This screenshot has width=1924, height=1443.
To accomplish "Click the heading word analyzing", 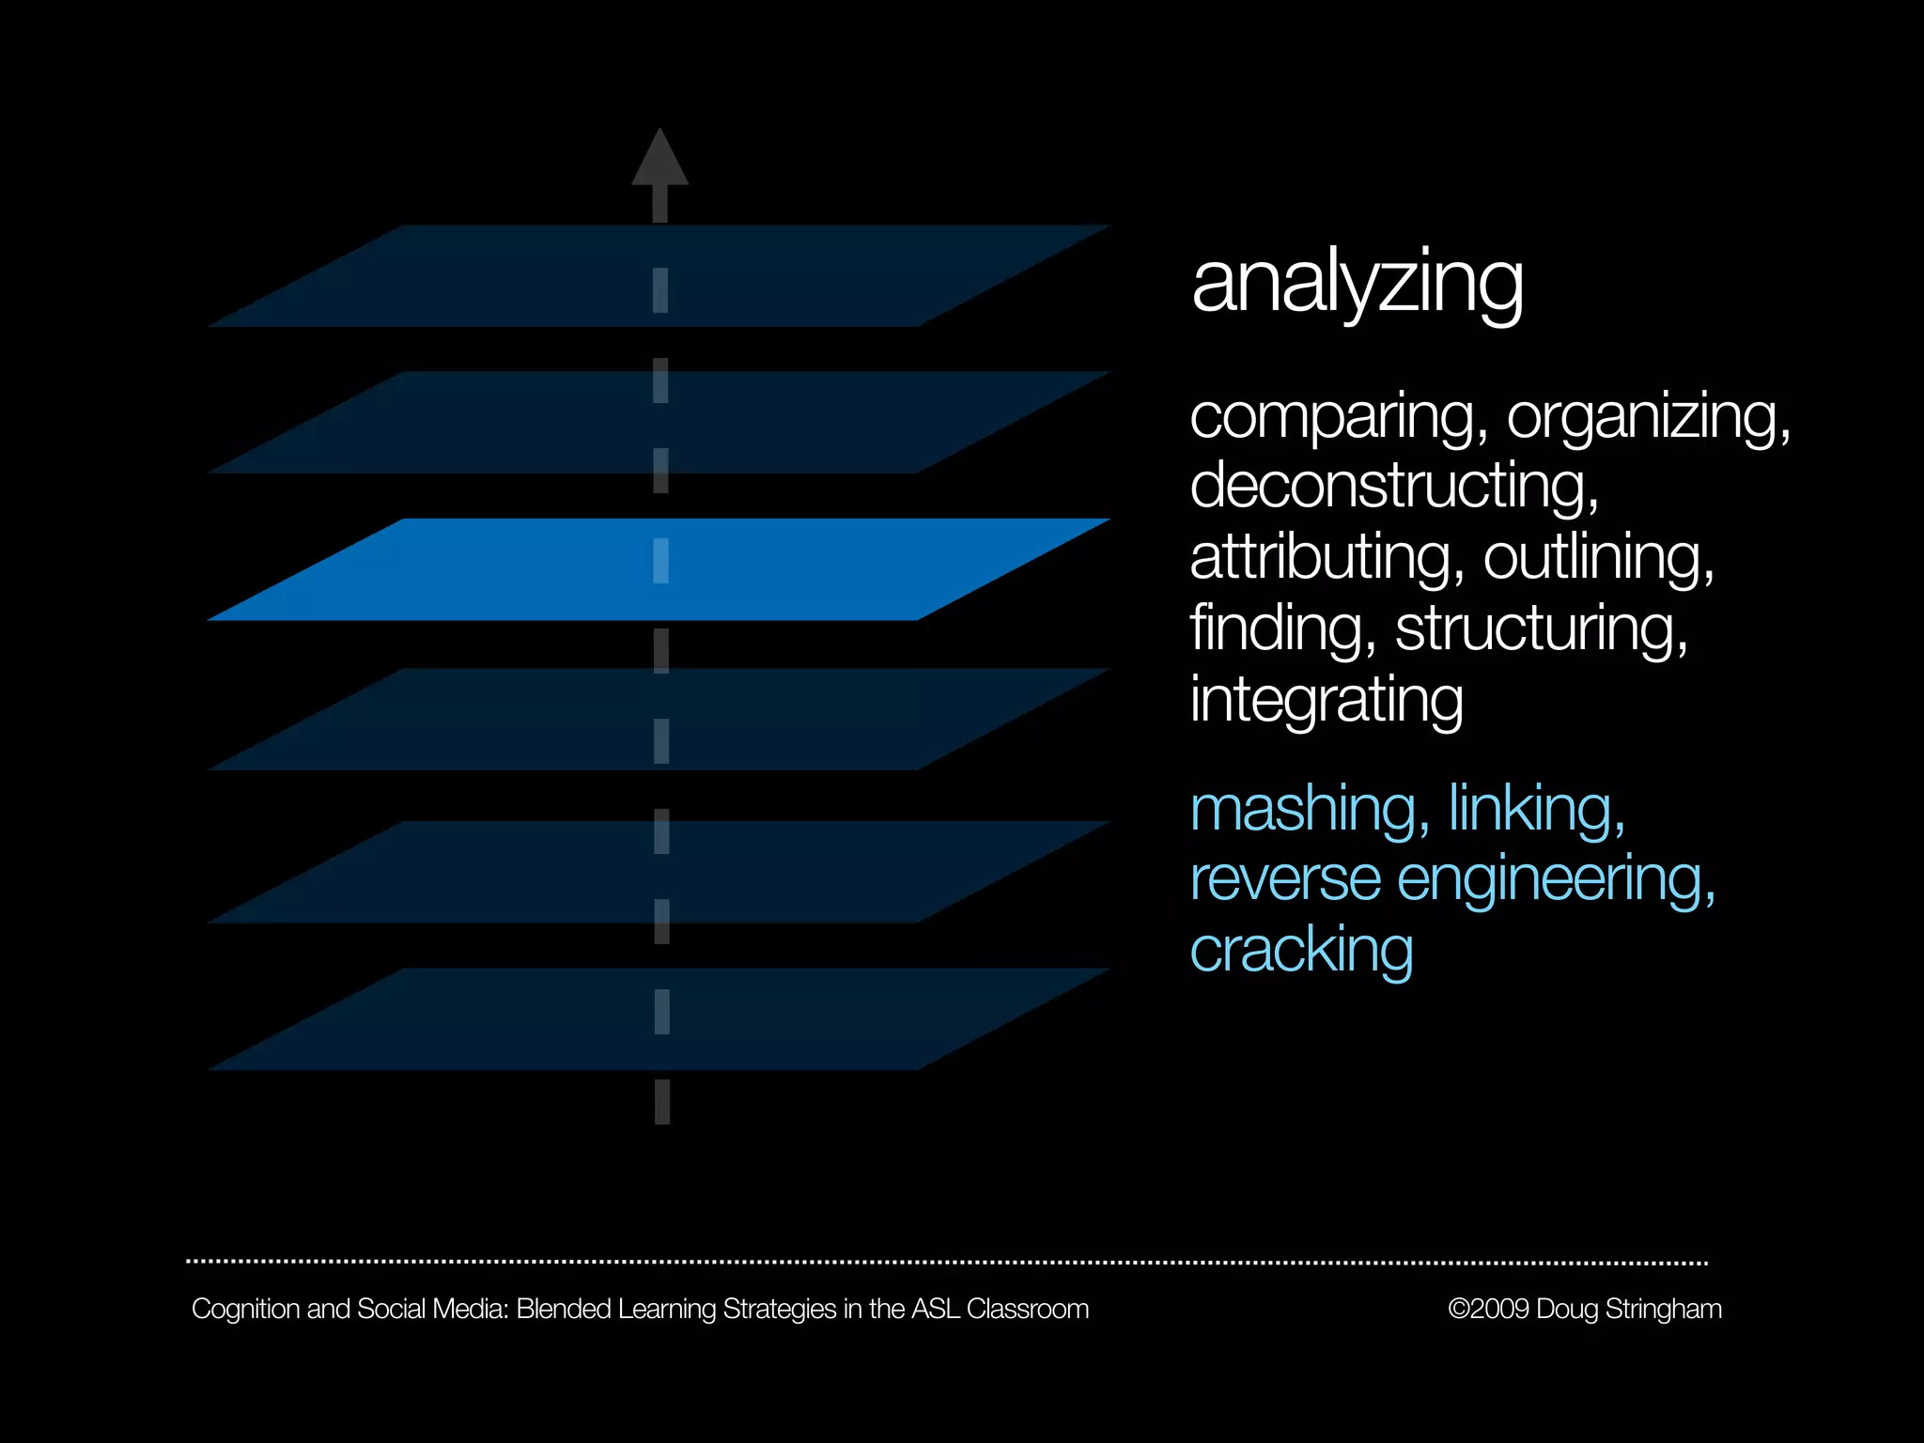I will click(x=1357, y=284).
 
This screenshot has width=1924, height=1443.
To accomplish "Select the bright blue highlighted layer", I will click(x=658, y=569).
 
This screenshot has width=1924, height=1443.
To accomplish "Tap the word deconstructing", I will click(x=1393, y=487).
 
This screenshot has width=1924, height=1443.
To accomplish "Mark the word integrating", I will click(x=1327, y=700).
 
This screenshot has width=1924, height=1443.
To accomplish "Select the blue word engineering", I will click(x=1556, y=880).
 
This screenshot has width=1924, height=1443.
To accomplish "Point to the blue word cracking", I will click(x=1301, y=950).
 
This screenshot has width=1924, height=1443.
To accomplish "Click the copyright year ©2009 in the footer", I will click(x=1489, y=1309).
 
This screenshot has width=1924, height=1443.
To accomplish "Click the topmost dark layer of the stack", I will click(x=658, y=276).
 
